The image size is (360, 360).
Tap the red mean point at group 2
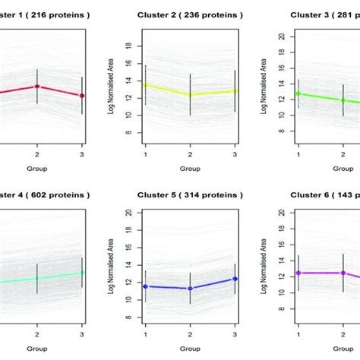click(x=37, y=86)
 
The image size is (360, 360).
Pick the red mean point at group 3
click(x=82, y=96)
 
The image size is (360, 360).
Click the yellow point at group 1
click(x=145, y=84)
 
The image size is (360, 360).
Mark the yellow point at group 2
click(x=190, y=95)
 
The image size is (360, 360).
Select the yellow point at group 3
click(x=235, y=90)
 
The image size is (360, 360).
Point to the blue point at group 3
click(x=235, y=279)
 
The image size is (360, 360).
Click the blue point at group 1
click(x=145, y=286)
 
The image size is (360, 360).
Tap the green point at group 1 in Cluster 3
click(x=298, y=93)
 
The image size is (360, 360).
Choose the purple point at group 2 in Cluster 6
click(x=343, y=273)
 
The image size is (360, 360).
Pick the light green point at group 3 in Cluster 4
click(x=82, y=272)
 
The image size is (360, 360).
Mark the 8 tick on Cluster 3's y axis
click(x=283, y=131)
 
